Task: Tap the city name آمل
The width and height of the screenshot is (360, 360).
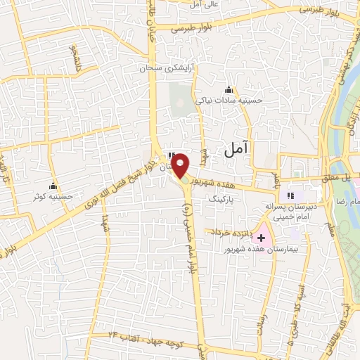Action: click(x=236, y=148)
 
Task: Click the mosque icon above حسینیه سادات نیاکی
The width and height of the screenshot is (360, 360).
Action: click(x=228, y=89)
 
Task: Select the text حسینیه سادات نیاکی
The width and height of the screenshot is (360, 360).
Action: click(x=229, y=101)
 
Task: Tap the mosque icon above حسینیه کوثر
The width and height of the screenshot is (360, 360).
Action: click(x=51, y=186)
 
